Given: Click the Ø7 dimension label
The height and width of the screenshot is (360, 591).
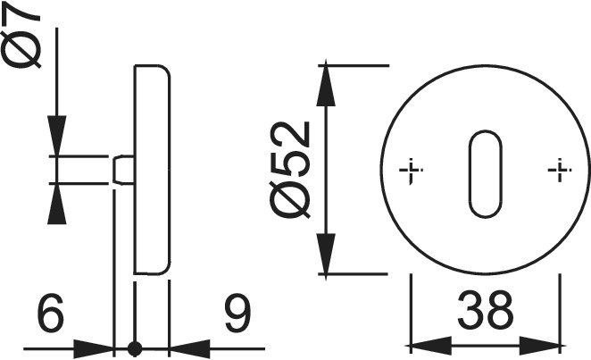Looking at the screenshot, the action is (21, 37).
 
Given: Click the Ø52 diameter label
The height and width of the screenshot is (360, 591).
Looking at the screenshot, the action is (290, 170).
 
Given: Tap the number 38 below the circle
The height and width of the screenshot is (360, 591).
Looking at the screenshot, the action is (486, 310).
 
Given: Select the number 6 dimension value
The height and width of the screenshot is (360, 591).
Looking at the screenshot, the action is (51, 313).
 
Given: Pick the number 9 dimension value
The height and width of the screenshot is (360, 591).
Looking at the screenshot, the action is (237, 313).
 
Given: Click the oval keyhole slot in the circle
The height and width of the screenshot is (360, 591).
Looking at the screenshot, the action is (486, 174).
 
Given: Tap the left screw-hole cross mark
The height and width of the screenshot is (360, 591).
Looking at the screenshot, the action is (411, 171).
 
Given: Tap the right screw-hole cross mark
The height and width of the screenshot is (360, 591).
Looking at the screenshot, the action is (560, 170).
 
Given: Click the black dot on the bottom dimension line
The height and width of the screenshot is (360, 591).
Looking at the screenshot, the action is (135, 348).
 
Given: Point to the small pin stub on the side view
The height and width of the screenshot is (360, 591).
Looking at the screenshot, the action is (123, 170).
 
